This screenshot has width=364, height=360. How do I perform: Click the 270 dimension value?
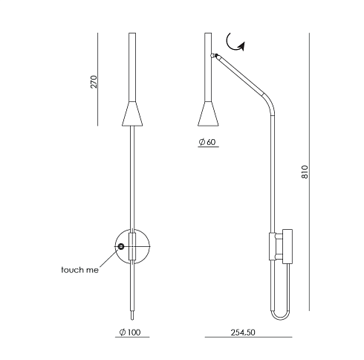94,82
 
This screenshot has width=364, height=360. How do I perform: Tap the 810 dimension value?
305,172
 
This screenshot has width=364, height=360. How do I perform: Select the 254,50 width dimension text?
243,332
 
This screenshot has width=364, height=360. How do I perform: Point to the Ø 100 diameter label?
130,332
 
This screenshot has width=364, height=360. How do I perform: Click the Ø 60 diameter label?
207,142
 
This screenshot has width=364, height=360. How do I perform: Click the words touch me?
79,270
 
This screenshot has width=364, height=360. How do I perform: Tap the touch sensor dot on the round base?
121,246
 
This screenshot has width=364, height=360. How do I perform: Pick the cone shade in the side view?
208,114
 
